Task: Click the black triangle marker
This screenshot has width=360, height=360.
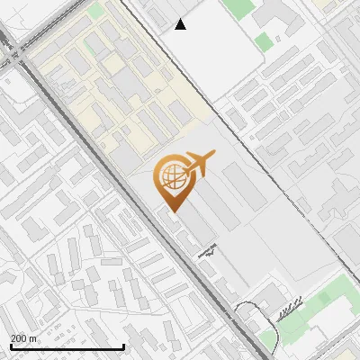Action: click(181, 24)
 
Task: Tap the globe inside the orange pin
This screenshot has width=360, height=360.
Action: click(171, 178)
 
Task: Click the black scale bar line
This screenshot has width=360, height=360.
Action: click(67, 346)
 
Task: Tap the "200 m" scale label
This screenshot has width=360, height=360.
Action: click(23, 337)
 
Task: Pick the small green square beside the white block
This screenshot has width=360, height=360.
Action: click(263, 41)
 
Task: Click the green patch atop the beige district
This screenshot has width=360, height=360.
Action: click(95, 11)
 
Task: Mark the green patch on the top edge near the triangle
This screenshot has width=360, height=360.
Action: click(238, 8)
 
